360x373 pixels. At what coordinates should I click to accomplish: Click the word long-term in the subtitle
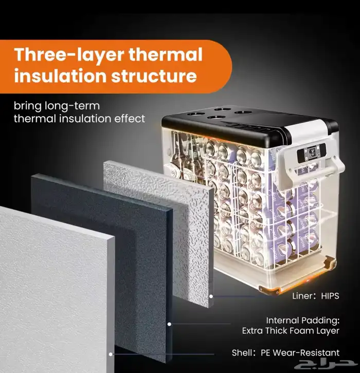(x=72, y=106)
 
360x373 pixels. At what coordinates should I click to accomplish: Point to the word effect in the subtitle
(x=130, y=119)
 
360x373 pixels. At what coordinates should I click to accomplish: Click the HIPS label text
(x=330, y=296)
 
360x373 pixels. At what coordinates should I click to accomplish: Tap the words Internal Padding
(x=302, y=321)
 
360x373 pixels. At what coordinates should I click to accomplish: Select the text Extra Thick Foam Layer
(x=291, y=331)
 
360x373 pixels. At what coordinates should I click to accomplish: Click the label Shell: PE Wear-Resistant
(x=286, y=352)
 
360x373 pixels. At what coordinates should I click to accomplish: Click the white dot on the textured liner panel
(x=211, y=296)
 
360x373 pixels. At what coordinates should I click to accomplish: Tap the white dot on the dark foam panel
(x=169, y=324)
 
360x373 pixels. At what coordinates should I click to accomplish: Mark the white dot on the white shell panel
(x=111, y=354)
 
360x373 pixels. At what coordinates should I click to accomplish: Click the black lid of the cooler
(x=238, y=124)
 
